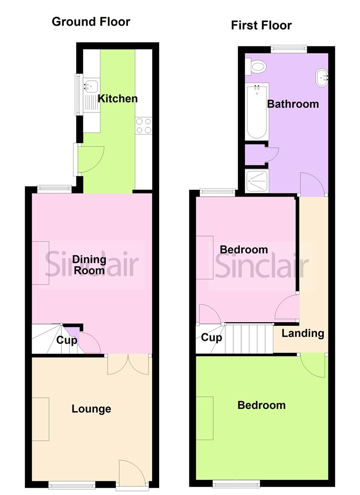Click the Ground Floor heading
(x=91, y=22)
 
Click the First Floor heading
(x=261, y=25)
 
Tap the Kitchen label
(x=118, y=99)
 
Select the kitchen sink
(x=91, y=86)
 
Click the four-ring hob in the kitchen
(x=144, y=126)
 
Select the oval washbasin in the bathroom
(x=322, y=77)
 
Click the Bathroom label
(x=293, y=104)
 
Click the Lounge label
(x=91, y=409)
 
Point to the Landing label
(x=303, y=333)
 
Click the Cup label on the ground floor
(x=66, y=341)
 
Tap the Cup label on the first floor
(x=212, y=338)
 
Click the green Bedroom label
(x=261, y=405)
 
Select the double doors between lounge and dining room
(x=128, y=364)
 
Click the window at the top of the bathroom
(x=288, y=48)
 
